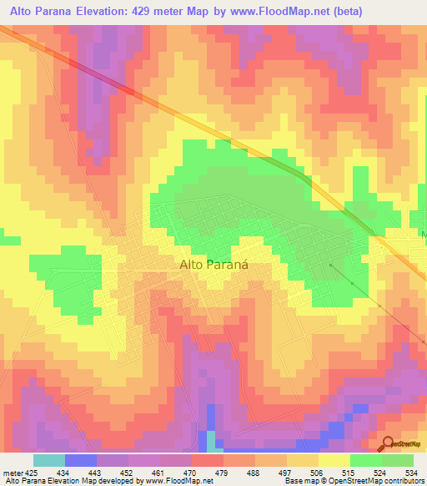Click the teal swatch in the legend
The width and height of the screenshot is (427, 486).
point(49,460)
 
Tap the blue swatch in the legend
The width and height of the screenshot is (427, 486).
point(81,460)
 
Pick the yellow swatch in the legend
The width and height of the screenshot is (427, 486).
point(334,460)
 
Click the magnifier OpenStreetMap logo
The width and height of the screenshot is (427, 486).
point(387,444)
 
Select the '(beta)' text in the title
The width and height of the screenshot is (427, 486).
point(404,11)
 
